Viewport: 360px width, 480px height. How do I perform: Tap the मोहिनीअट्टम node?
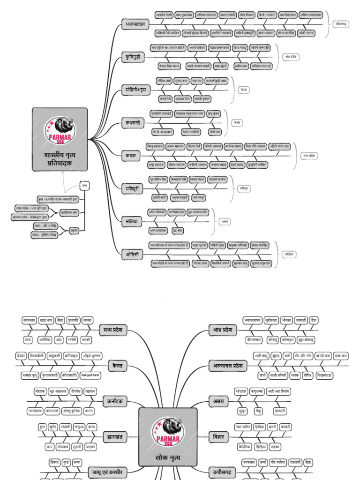pyautogui.click(x=135, y=89)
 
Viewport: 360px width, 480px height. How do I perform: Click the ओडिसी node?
pyautogui.click(x=132, y=254)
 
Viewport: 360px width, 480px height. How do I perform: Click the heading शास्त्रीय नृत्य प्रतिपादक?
pyautogui.click(x=60, y=157)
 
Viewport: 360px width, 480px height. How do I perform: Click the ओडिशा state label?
pyautogui.click(x=289, y=254)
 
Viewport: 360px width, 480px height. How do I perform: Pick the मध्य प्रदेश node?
pyautogui.click(x=113, y=330)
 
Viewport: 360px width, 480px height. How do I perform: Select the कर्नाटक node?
pyautogui.click(x=115, y=401)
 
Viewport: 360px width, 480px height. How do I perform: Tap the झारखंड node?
pyautogui.click(x=115, y=437)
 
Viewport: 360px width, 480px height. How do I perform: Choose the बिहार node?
pyautogui.click(x=219, y=437)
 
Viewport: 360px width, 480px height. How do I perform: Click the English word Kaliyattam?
pyautogui.click(x=90, y=375)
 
